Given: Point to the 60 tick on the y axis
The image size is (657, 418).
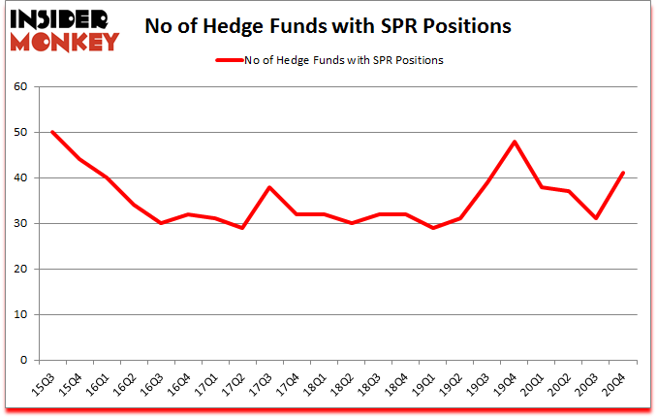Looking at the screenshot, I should (x=22, y=87).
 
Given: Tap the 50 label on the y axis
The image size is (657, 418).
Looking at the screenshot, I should (x=22, y=133).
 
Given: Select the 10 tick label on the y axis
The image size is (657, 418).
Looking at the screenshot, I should (x=22, y=314).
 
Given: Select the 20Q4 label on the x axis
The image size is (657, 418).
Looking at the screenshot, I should (x=616, y=383).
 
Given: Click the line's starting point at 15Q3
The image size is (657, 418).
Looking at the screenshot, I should (x=52, y=132).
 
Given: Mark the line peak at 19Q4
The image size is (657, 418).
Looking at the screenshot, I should (x=515, y=142).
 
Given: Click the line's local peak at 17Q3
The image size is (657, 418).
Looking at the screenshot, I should (x=269, y=187).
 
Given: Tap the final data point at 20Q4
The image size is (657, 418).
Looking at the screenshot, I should (x=623, y=174).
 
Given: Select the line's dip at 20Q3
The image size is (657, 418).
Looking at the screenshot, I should (x=596, y=218).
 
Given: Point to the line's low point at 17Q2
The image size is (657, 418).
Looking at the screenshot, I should (x=242, y=228).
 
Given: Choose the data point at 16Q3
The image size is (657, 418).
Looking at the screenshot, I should (x=161, y=223).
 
